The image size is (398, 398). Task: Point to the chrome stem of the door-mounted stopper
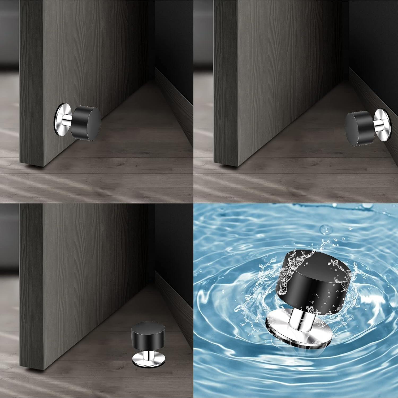point(69,120)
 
